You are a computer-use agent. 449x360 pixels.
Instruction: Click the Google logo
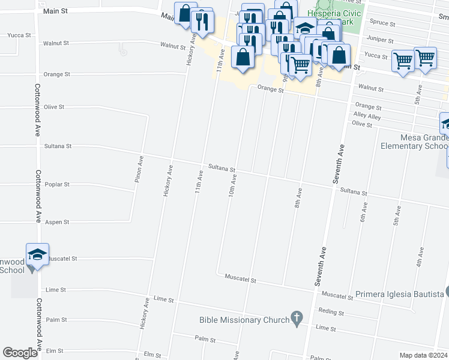click(x=20, y=353)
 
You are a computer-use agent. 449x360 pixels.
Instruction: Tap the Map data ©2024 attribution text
click(x=424, y=355)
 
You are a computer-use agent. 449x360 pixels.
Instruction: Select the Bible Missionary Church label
click(x=244, y=320)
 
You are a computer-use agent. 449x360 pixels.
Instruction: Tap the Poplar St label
click(x=58, y=185)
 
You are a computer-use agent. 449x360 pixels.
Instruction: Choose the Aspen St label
click(x=58, y=222)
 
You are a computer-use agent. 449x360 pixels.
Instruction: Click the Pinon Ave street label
click(x=139, y=170)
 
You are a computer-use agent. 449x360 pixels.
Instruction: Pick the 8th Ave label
click(x=297, y=198)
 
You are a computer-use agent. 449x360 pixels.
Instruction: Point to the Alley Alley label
click(x=367, y=116)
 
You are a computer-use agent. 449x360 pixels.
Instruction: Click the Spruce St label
click(x=383, y=24)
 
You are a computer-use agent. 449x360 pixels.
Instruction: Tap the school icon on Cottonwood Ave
click(x=37, y=254)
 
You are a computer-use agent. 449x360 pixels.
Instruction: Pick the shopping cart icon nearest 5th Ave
click(x=425, y=58)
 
